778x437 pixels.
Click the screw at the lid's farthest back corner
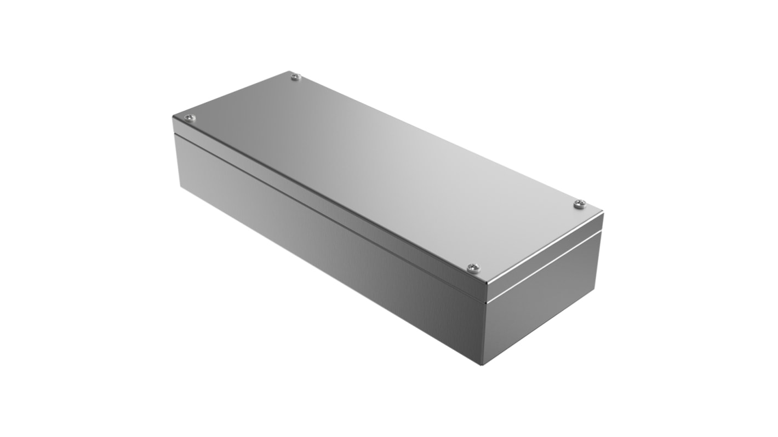pyautogui.click(x=295, y=77)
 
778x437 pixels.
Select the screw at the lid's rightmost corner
pyautogui.click(x=580, y=204)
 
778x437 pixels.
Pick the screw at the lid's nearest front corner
pyautogui.click(x=472, y=268)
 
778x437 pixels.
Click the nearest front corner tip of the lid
pyautogui.click(x=486, y=284)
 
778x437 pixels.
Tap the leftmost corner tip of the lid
pyautogui.click(x=173, y=116)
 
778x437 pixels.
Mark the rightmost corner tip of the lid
pyautogui.click(x=603, y=211)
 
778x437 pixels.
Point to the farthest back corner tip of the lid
pyautogui.click(x=290, y=71)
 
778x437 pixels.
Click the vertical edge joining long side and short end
pyautogui.click(x=483, y=329)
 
